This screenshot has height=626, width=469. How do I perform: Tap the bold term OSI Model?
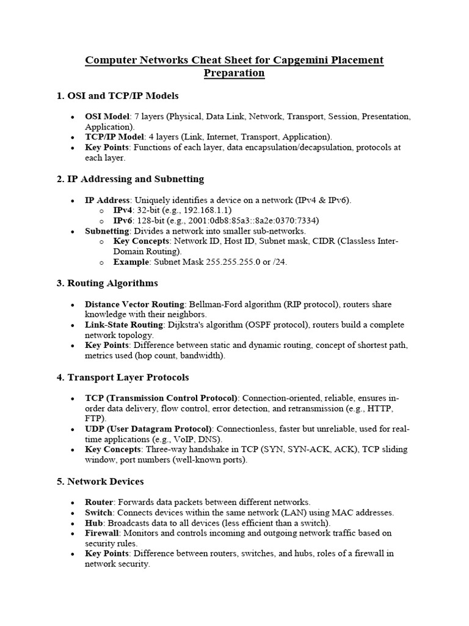(x=107, y=117)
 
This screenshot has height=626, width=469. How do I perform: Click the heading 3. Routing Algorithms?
(x=107, y=283)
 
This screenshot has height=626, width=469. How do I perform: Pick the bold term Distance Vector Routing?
(x=134, y=304)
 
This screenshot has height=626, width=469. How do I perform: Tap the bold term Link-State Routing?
(x=122, y=325)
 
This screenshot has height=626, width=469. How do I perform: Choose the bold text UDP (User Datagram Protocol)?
(x=148, y=429)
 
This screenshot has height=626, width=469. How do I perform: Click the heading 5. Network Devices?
(x=100, y=481)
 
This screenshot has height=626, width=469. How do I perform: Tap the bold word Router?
(x=99, y=502)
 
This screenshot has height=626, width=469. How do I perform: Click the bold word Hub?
(x=93, y=523)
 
